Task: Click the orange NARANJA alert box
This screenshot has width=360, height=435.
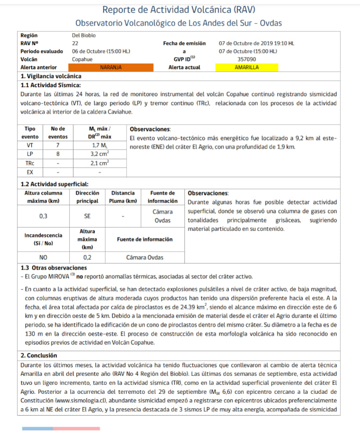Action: click(x=111, y=68)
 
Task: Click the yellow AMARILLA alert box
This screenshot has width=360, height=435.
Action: click(x=246, y=68)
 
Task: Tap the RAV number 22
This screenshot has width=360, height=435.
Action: click(x=75, y=43)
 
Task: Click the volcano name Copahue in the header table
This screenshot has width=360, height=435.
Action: click(x=82, y=60)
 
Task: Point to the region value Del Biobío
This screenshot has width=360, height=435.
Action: click(x=84, y=35)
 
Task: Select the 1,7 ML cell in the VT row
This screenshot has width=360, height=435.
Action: click(x=99, y=145)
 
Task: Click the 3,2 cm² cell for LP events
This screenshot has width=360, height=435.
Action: click(x=99, y=154)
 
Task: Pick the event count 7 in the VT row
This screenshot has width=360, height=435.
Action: click(x=58, y=145)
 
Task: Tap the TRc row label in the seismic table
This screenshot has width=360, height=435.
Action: click(x=30, y=163)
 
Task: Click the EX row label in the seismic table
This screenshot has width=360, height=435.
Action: click(x=30, y=172)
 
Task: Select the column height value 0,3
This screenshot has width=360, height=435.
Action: click(x=44, y=216)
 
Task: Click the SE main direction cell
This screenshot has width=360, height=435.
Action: click(x=87, y=216)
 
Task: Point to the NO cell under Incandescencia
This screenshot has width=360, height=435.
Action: click(x=44, y=257)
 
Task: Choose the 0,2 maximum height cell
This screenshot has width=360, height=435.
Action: click(x=87, y=257)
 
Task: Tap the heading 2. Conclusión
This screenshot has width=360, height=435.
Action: click(x=39, y=355)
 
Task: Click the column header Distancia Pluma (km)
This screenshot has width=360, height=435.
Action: click(x=123, y=197)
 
